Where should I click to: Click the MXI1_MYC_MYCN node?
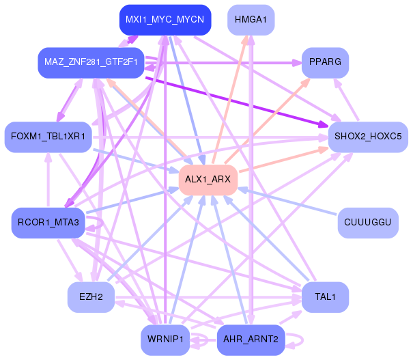point(165,20)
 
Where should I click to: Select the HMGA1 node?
point(251,20)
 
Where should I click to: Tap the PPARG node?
point(326,63)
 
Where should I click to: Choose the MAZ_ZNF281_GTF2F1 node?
point(91,63)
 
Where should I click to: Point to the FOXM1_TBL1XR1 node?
point(48,137)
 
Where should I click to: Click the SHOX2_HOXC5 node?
point(368,137)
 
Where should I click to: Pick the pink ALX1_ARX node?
point(208,180)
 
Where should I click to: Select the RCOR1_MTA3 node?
point(48,223)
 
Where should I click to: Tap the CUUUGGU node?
point(368,223)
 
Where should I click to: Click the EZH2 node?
point(91,297)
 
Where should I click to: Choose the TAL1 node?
point(326,297)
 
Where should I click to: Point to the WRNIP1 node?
point(165,340)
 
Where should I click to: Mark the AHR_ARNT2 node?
point(251,340)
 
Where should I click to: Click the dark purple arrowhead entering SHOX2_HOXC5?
point(324,124)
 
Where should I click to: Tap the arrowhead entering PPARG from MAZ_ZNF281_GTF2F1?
point(297,63)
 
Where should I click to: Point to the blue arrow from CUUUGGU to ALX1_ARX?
point(287,201)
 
